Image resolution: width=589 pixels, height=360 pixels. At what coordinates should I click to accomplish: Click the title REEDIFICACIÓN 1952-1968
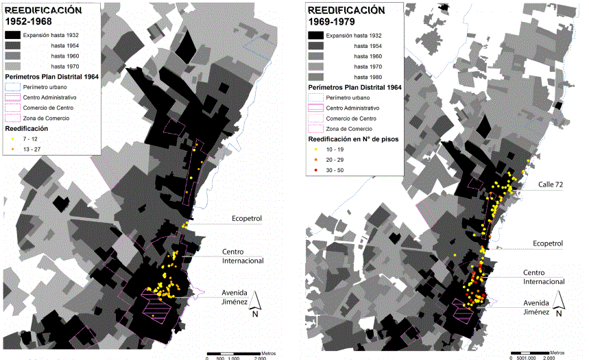point(43,16)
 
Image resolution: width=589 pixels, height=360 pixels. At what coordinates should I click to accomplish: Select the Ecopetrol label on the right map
point(548,243)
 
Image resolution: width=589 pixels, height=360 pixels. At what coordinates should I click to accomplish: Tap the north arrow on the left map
point(254,300)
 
